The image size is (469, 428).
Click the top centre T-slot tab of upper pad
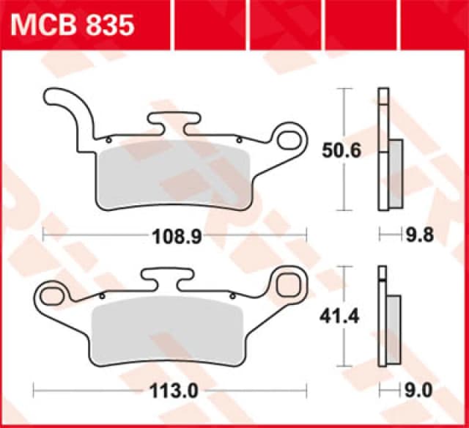pos(173,119)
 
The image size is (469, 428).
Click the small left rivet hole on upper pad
pos(108,139)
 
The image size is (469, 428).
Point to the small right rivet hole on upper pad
pos(238,139)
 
